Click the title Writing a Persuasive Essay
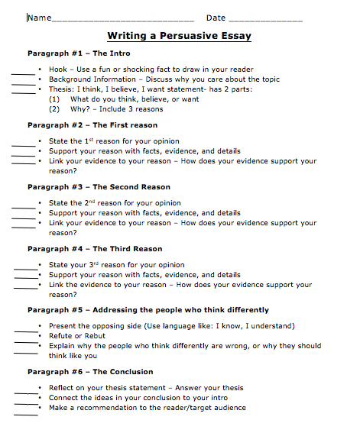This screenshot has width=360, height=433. coord(179,36)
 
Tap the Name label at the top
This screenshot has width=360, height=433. coord(39,18)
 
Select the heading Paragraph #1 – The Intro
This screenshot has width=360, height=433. coord(79,53)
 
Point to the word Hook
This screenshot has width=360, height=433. coord(58,69)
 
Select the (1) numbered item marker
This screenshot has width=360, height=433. coord(54,99)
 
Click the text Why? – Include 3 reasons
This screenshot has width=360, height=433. coord(116,109)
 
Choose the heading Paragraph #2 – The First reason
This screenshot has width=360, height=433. coord(92,125)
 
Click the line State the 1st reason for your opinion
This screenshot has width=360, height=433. coord(114,141)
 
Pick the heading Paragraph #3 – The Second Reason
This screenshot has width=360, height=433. coord(99,187)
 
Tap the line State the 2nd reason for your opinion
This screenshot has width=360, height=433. coord(115,203)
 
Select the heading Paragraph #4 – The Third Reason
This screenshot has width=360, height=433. coord(95,249)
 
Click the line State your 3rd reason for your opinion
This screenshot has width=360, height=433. coord(116,265)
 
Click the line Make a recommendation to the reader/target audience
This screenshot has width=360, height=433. coord(147,408)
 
